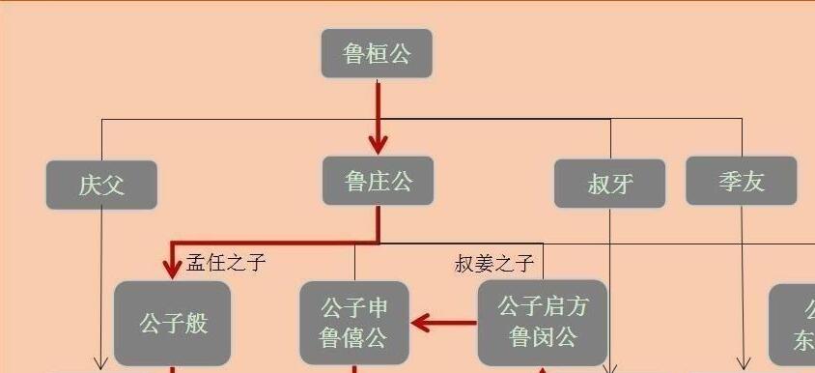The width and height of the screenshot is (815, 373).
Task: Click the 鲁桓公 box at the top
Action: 377,53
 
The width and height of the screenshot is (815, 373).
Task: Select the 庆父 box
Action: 101,185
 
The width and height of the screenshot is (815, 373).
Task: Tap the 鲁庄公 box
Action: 378,181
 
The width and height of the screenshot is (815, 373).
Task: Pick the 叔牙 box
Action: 609,184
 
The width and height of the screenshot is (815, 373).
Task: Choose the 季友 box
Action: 742,181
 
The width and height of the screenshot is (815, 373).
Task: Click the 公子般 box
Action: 173,323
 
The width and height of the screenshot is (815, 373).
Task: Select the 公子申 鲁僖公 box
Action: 354,323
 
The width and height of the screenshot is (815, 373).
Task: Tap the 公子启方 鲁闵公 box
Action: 543,323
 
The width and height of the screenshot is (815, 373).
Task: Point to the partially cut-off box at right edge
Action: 794,325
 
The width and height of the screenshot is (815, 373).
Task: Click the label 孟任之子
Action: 226,263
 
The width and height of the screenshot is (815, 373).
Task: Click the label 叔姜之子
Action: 493,263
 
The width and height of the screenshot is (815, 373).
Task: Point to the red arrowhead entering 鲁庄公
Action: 378,145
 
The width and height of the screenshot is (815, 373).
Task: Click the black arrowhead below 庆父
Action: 101,363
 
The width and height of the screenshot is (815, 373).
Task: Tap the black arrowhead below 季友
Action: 743,363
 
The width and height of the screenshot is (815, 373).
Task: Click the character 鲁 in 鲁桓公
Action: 354,53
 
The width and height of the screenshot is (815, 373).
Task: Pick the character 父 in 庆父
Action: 114,185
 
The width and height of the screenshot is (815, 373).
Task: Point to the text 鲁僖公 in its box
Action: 354,337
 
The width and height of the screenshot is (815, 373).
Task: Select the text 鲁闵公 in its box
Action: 543,337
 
